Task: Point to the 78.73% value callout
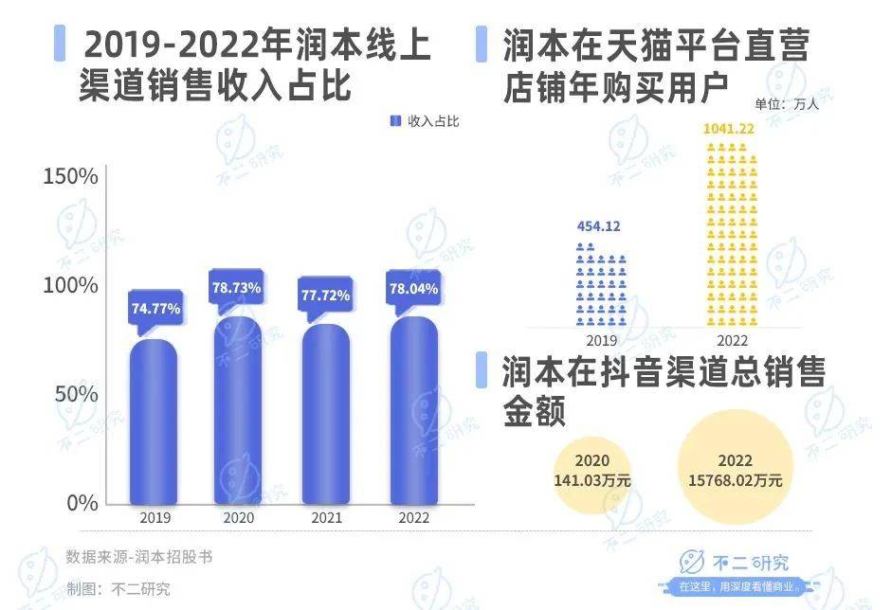click(x=237, y=287)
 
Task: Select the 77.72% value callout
click(x=326, y=296)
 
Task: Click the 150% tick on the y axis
click(x=71, y=177)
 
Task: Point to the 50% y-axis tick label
click(x=75, y=394)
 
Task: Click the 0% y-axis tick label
click(x=82, y=502)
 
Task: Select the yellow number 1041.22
click(x=729, y=127)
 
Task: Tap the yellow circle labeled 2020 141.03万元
click(x=592, y=471)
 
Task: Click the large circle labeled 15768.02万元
click(x=736, y=471)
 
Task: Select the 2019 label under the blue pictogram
click(x=601, y=340)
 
